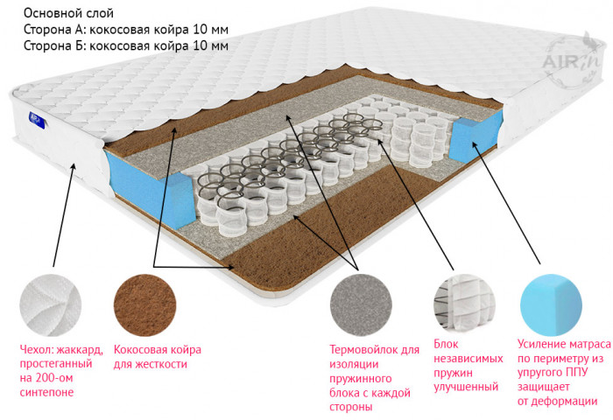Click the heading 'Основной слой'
(x=68, y=13)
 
